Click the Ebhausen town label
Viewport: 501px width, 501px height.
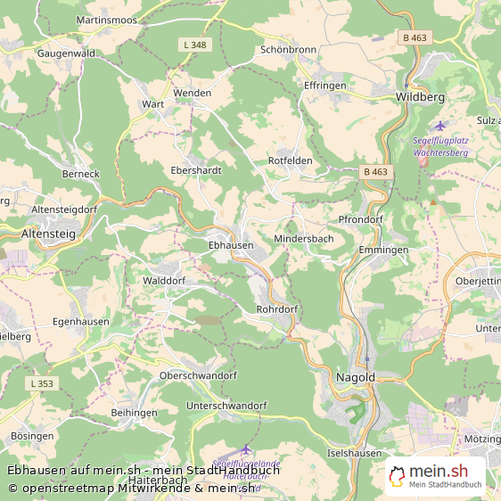point(230,244)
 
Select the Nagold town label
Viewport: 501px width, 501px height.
point(355,377)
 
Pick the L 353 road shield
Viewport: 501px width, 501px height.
point(42,383)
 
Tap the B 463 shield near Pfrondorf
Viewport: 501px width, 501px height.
point(375,171)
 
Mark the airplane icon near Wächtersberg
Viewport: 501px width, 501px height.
point(439,126)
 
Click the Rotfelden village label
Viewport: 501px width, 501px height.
point(290,160)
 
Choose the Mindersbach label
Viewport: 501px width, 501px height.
point(303,240)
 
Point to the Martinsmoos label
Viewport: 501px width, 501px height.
point(106,19)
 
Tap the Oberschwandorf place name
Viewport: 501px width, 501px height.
point(198,375)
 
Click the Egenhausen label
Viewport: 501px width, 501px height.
point(82,321)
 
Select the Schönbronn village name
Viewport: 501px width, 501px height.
point(289,50)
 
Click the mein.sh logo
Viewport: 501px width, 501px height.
point(435,476)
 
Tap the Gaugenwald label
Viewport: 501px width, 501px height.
point(66,53)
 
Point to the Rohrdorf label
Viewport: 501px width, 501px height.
point(276,309)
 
